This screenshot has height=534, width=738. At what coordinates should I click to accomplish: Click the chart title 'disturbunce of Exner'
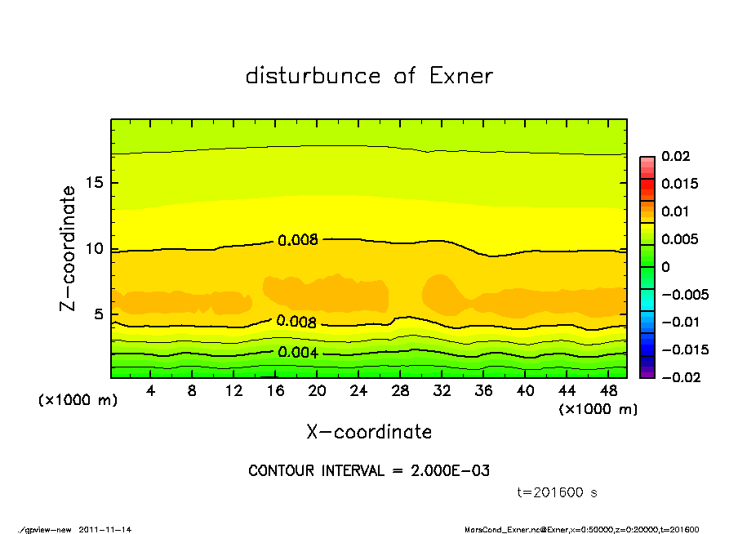(x=369, y=77)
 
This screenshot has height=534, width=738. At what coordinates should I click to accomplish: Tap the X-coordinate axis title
(x=369, y=432)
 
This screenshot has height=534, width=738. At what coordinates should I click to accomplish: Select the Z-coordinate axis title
(x=69, y=247)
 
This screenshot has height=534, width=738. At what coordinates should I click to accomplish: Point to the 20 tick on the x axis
(x=317, y=390)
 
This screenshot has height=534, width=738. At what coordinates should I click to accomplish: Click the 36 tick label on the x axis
(x=483, y=390)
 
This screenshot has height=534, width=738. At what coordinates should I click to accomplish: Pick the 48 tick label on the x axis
(x=608, y=390)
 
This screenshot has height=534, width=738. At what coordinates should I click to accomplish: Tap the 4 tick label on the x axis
(x=151, y=390)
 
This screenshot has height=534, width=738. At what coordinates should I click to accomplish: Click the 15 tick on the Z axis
(x=95, y=183)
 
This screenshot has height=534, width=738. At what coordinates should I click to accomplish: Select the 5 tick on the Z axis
(x=99, y=314)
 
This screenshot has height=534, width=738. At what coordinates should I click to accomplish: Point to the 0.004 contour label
(x=298, y=353)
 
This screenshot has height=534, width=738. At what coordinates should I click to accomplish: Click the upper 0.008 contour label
(x=297, y=240)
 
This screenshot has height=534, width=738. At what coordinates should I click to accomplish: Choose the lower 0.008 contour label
(x=297, y=322)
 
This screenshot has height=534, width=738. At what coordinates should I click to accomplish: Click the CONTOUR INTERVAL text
(x=369, y=471)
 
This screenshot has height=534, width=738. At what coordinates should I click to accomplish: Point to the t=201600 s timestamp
(x=558, y=492)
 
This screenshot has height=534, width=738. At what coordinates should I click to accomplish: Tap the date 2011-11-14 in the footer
(x=105, y=529)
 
